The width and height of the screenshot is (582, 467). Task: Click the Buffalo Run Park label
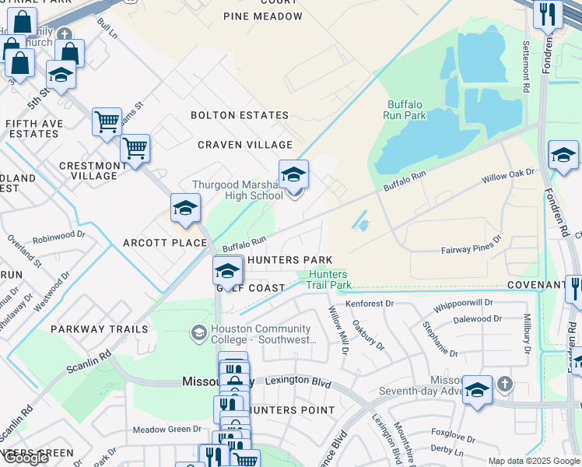pyautogui.click(x=405, y=110)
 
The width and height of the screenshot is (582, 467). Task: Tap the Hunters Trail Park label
pyautogui.click(x=330, y=280)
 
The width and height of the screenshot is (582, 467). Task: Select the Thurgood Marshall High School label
pyautogui.click(x=237, y=191)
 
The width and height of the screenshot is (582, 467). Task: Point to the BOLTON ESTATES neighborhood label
pyautogui.click(x=240, y=115)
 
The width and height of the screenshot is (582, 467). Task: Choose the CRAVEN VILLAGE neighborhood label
pyautogui.click(x=245, y=145)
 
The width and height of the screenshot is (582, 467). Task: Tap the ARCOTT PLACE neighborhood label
pyautogui.click(x=165, y=243)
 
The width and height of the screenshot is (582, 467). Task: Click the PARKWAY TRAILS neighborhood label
pyautogui.click(x=99, y=329)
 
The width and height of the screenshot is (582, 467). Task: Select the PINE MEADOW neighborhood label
pyautogui.click(x=261, y=16)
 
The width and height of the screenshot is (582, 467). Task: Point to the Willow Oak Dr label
pyautogui.click(x=509, y=174)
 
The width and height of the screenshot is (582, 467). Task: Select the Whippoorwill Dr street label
pyautogui.click(x=464, y=303)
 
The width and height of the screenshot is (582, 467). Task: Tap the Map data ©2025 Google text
pyautogui.click(x=535, y=461)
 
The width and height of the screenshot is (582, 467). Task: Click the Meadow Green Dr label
pyautogui.click(x=167, y=429)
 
